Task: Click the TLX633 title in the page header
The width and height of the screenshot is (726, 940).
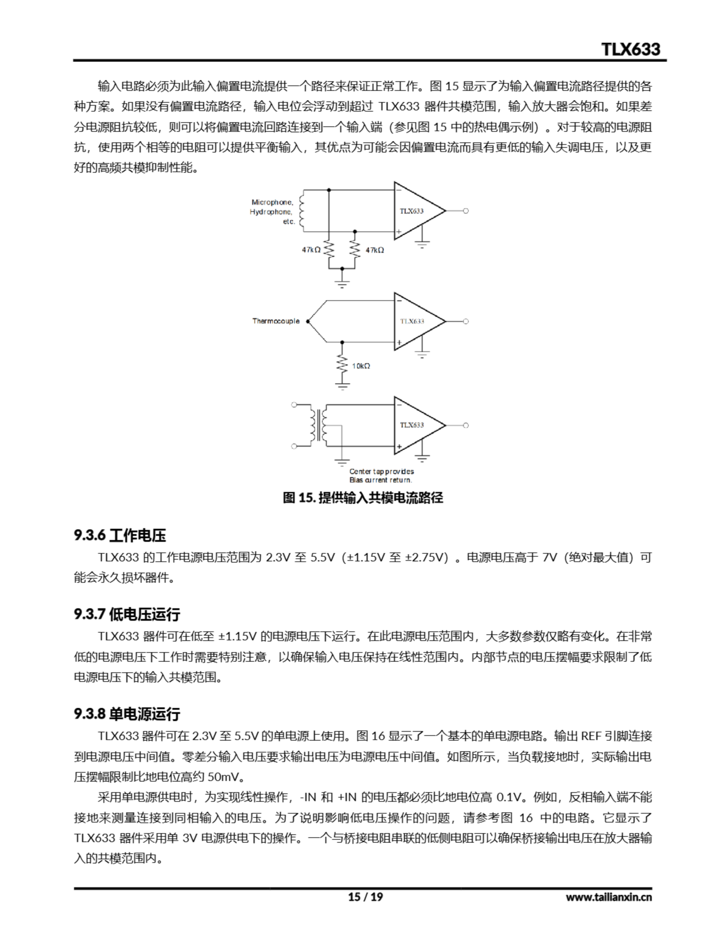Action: tap(630, 49)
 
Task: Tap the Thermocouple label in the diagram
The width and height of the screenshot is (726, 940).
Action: tap(275, 321)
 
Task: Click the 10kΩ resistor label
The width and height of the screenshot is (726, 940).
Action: tap(361, 366)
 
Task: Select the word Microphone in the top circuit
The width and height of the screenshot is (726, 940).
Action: tap(272, 202)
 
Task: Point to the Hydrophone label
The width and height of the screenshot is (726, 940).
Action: tap(271, 212)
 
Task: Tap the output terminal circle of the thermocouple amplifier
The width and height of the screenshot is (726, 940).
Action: tap(466, 322)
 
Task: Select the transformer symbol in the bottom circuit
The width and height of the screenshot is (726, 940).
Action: tap(319, 425)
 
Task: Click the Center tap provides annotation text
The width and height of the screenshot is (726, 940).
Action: tap(381, 471)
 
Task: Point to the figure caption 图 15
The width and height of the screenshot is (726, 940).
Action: tap(363, 498)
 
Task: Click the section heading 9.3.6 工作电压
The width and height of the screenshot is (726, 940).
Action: tap(120, 535)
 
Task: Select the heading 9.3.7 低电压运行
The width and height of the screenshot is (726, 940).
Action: tap(127, 614)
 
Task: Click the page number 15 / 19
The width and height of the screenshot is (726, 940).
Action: tap(365, 897)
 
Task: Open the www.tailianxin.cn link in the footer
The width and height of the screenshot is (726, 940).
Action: tap(609, 897)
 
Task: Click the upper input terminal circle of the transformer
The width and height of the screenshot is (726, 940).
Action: tap(294, 405)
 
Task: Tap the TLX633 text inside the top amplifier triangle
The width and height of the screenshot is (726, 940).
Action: tap(411, 211)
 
